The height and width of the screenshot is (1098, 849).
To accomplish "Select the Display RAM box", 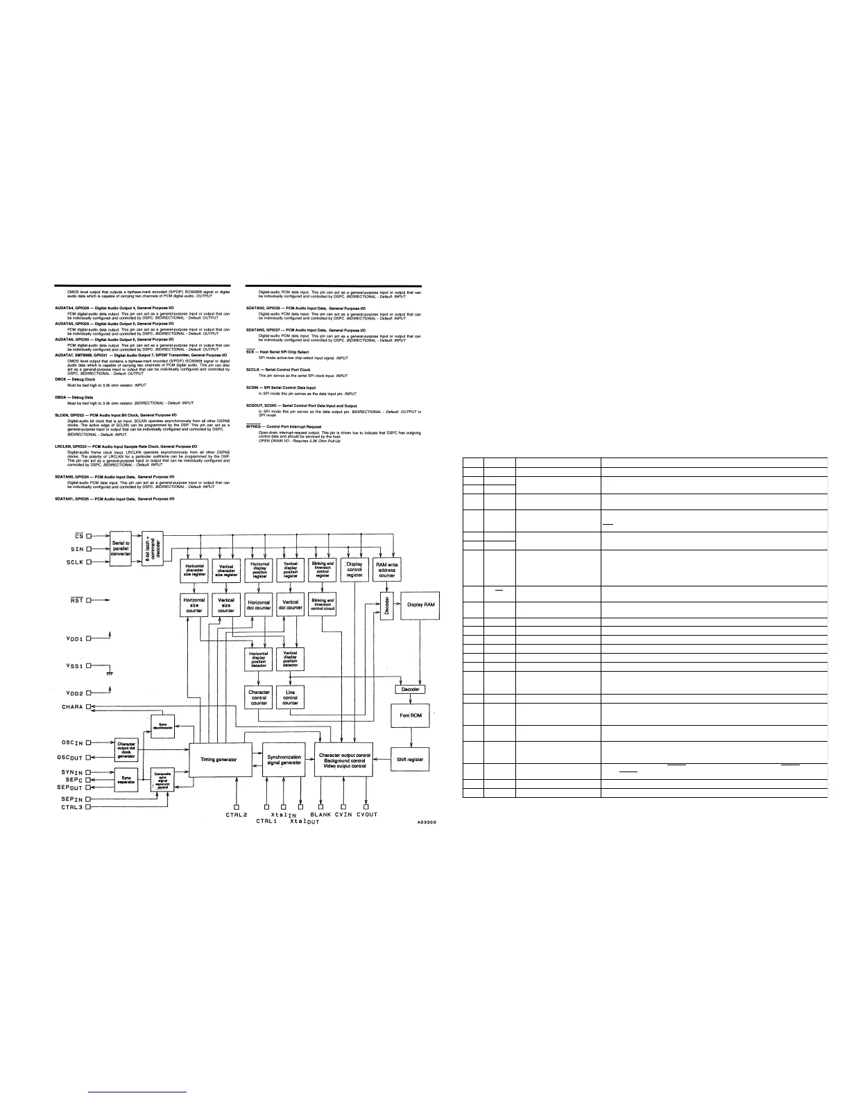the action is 421,605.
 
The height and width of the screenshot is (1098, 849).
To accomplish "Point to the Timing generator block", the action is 218,759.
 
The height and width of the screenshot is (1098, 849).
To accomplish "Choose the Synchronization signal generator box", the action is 284,759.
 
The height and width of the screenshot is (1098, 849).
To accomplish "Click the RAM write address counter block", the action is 386,570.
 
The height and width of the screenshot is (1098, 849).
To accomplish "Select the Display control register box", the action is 354,570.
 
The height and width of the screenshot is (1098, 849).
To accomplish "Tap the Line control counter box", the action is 290,697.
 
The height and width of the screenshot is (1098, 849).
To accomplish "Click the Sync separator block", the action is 126,778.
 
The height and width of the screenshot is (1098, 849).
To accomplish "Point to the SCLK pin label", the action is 72,562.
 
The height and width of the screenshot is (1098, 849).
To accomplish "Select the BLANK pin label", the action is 320,814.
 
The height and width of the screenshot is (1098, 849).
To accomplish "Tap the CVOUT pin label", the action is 367,814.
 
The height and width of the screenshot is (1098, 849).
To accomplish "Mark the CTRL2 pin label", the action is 237,814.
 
